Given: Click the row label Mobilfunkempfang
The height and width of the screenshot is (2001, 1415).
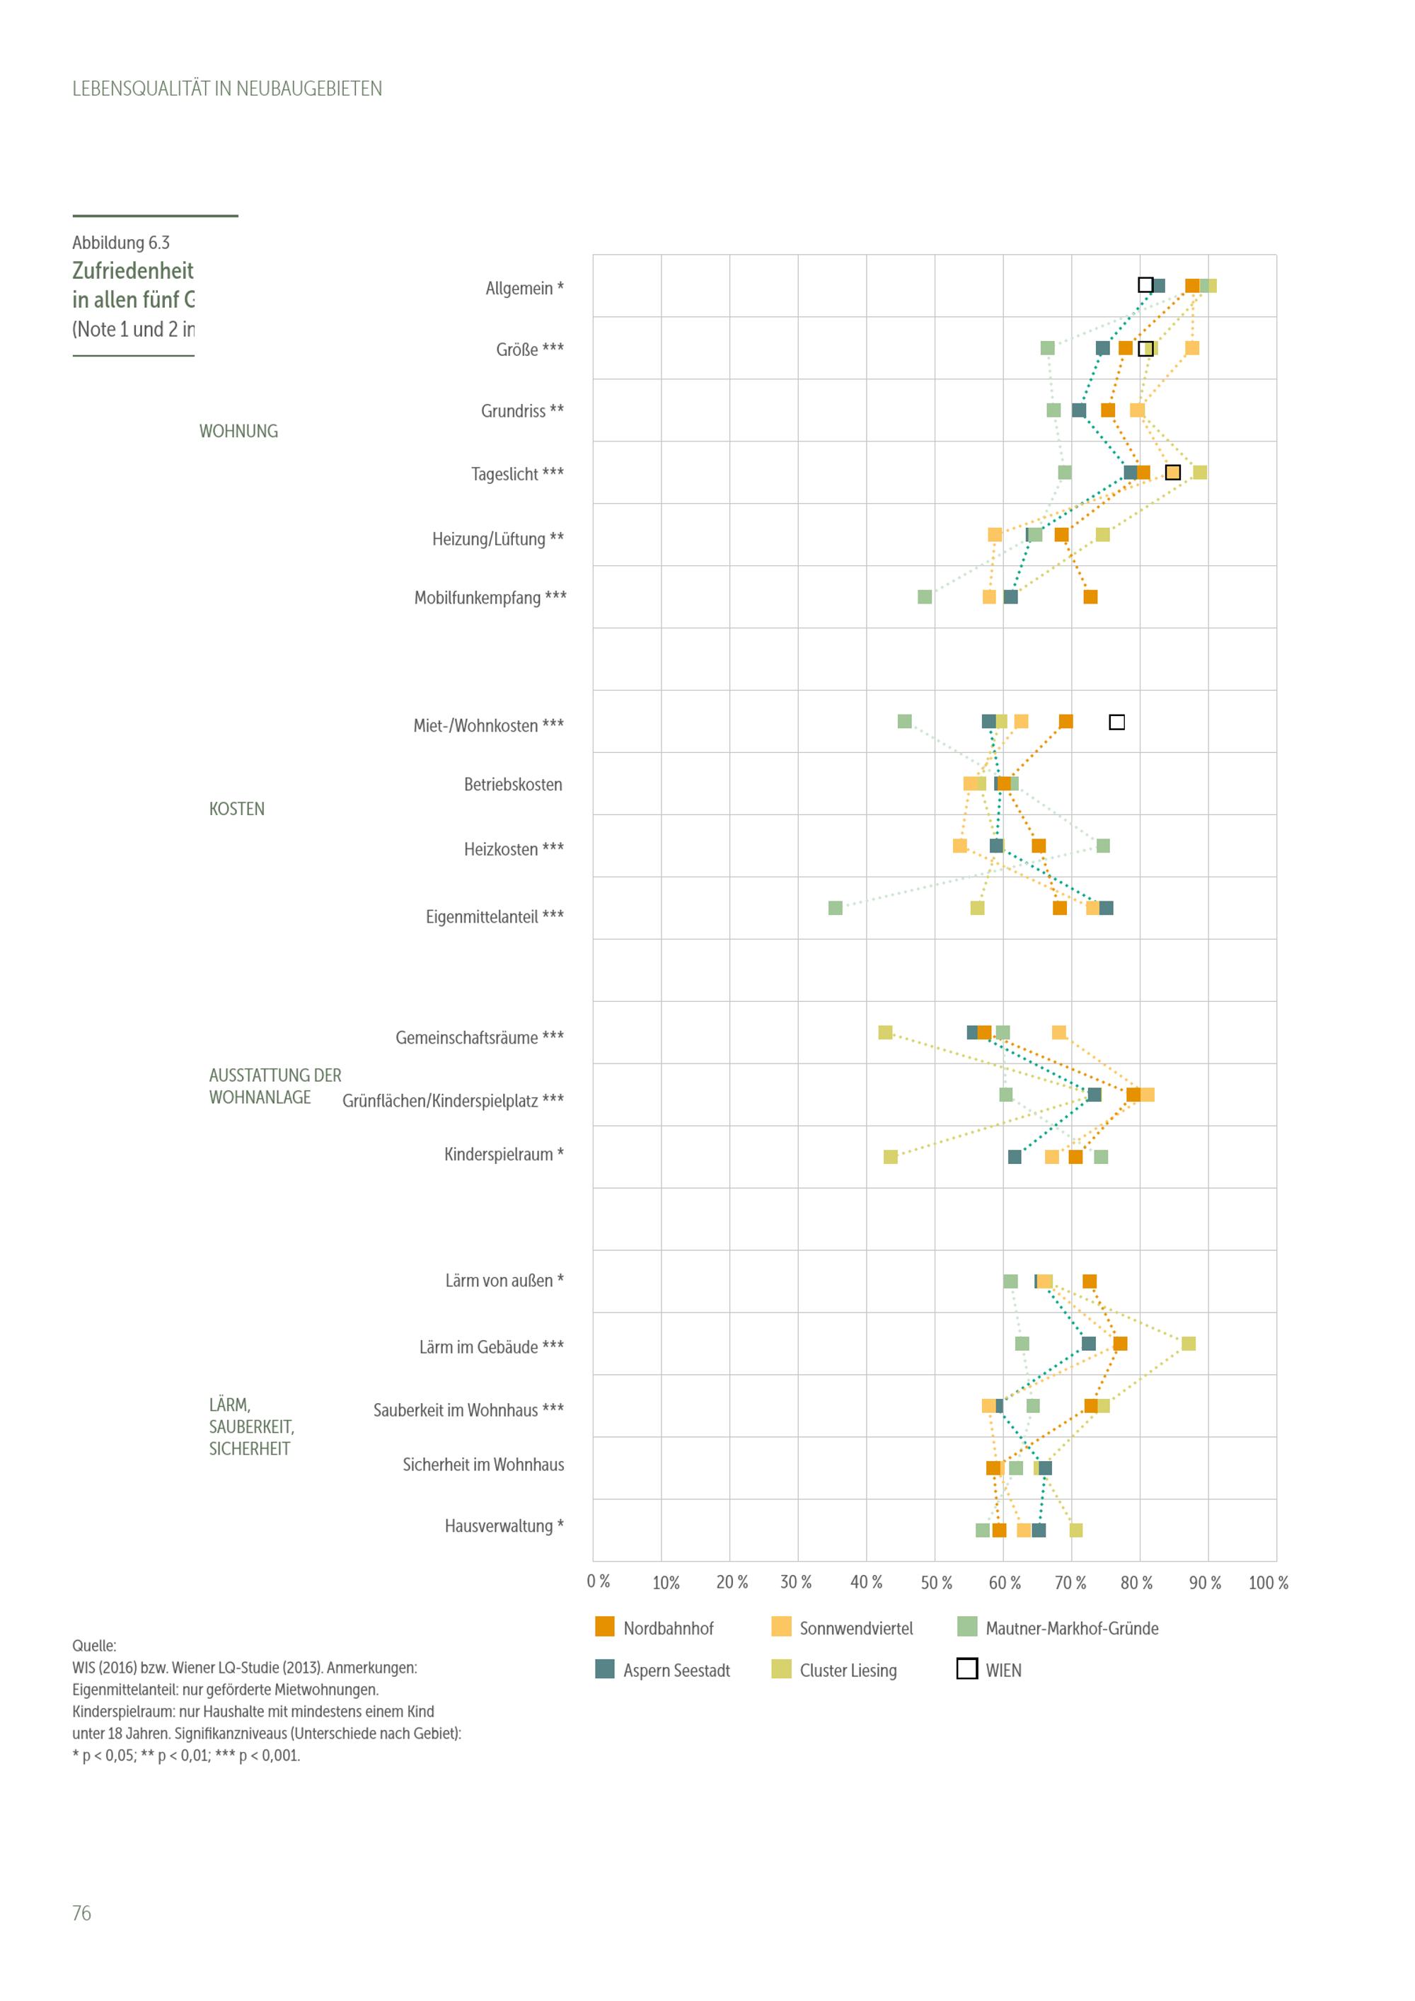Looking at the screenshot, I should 490,598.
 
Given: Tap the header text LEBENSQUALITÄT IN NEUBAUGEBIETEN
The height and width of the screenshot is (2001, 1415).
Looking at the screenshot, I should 226,89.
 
